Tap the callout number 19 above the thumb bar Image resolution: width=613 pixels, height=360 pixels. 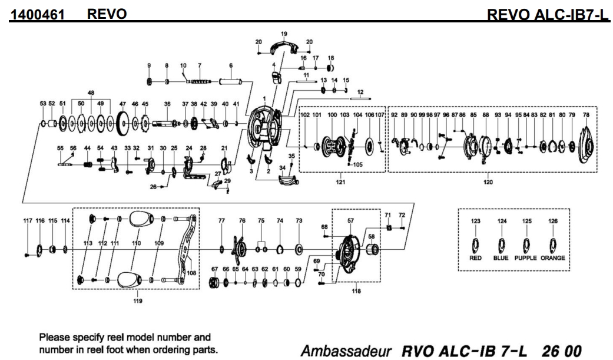[284, 34]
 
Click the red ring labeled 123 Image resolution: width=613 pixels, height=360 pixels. [476, 244]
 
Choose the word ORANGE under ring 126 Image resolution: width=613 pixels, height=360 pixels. [553, 258]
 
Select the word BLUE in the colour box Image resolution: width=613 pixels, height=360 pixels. [501, 258]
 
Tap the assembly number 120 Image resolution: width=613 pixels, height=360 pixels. [488, 182]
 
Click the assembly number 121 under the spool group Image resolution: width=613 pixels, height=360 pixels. [340, 182]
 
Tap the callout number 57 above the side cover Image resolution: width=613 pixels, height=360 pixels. [350, 220]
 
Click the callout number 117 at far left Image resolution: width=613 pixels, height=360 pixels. [27, 220]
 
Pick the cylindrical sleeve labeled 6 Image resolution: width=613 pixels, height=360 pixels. [231, 81]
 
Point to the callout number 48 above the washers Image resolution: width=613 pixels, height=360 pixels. [91, 93]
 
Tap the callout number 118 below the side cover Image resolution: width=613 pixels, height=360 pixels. [356, 291]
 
